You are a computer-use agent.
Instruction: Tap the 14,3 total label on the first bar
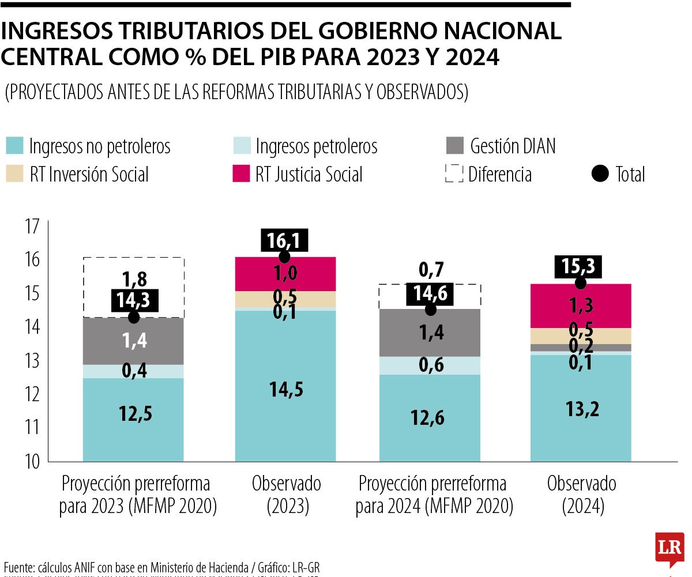tap(134, 301)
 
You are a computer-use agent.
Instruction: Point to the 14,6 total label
tap(430, 295)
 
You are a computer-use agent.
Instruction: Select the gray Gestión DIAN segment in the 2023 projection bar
tap(133, 341)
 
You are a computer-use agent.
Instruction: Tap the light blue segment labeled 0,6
tap(430, 365)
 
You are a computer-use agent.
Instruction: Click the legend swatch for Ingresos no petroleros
tap(15, 146)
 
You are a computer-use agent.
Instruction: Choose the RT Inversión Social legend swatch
tap(15, 174)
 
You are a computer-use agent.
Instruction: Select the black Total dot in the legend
tap(600, 174)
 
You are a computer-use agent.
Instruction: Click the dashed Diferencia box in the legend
tap(454, 174)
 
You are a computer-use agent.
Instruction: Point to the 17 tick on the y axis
tap(32, 226)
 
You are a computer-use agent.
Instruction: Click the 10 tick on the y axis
tap(32, 462)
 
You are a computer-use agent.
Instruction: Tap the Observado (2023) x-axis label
tap(287, 495)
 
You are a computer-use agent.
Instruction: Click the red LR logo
tap(670, 548)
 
